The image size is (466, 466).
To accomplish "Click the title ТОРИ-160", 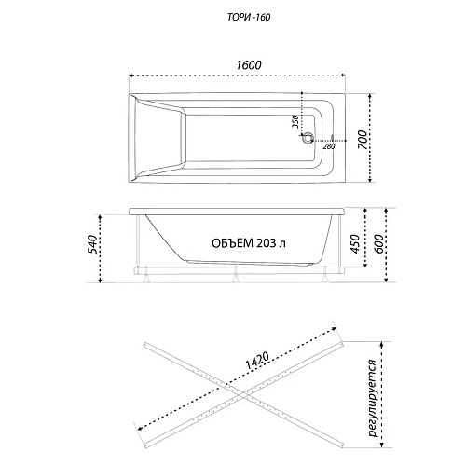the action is coord(249,18).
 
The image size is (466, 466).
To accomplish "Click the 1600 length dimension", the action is coord(249,65).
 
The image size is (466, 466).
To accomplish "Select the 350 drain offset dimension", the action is coord(295,122).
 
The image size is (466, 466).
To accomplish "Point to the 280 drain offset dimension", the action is coord(329,146).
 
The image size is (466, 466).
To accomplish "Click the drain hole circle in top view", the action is coord(308,138).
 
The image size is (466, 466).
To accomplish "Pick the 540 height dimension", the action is coord(92,244).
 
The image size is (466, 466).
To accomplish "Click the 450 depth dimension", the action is coord(355,243).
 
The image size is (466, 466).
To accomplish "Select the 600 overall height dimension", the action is coord(378,243).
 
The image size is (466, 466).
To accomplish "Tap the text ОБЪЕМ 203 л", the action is coord(249,243).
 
